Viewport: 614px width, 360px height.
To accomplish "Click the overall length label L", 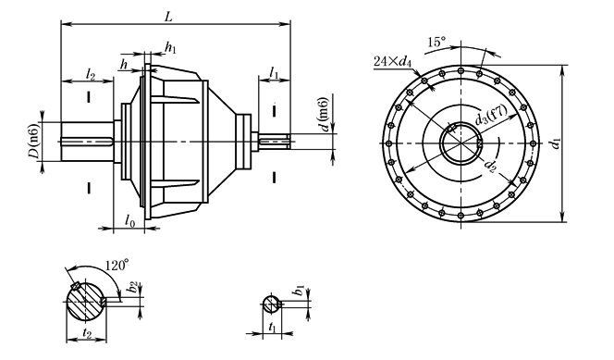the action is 168,18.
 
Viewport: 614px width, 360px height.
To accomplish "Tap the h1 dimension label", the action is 170,48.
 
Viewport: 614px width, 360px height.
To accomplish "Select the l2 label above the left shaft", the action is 90,74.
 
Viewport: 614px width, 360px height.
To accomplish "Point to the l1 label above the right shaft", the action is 274,73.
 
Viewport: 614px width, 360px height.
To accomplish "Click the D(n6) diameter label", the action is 34,141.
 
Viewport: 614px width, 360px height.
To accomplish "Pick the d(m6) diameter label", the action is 325,115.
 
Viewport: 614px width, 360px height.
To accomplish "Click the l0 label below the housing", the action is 130,221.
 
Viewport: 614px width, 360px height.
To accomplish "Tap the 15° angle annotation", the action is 436,42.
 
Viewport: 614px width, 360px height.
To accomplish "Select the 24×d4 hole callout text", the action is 393,61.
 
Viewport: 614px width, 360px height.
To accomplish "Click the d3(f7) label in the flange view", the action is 491,115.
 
